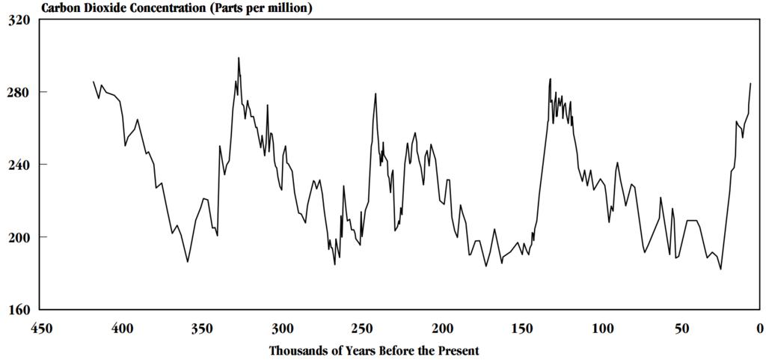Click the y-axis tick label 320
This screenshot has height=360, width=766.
(x=19, y=20)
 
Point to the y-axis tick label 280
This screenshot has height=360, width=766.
(x=19, y=93)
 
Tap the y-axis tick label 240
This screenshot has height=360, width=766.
(x=19, y=165)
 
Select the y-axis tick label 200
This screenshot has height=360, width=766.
(x=19, y=237)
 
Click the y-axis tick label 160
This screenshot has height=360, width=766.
(x=19, y=310)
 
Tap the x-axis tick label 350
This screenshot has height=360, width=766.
(x=201, y=328)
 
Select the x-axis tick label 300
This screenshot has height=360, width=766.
(x=282, y=328)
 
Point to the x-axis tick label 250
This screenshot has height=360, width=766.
(x=362, y=328)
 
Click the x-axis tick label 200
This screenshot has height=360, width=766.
(x=443, y=328)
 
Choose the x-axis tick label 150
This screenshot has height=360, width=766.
(x=523, y=328)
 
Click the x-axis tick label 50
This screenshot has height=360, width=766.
(x=681, y=328)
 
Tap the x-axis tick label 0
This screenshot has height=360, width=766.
(x=759, y=328)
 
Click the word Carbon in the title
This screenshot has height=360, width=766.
(x=61, y=8)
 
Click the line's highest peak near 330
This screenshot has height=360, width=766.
(x=239, y=58)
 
